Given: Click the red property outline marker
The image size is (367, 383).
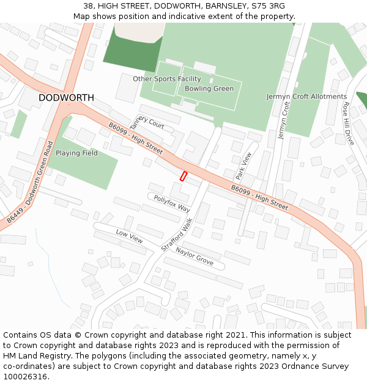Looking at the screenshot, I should [183, 176].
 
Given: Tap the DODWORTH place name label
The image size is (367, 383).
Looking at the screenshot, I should [66, 98].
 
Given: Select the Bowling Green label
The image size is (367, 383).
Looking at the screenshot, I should [209, 89].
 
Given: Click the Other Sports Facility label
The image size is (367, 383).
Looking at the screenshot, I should [167, 79].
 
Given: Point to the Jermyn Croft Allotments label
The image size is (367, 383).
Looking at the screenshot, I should [306, 97].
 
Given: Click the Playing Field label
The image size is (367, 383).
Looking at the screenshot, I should [76, 153].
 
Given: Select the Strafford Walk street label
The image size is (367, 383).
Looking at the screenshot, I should [177, 233].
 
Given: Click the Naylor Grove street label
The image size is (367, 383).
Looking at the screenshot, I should [195, 256].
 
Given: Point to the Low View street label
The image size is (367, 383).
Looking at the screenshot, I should [129, 237].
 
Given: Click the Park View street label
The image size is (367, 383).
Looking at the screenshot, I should [243, 166].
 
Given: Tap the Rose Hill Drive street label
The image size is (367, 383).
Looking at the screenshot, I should [348, 123].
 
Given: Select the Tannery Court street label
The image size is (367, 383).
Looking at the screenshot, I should [150, 122].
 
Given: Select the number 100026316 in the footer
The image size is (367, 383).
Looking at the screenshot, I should [25, 376].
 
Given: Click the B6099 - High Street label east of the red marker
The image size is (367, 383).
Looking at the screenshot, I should [259, 197].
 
